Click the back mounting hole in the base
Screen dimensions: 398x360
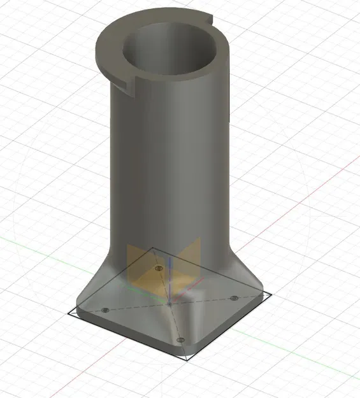(x=159, y=269)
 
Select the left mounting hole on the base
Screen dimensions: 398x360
(x=104, y=309)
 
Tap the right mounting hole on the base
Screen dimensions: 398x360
(x=234, y=297)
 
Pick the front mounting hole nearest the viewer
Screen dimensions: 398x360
(x=181, y=341)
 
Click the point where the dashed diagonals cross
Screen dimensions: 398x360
(x=170, y=304)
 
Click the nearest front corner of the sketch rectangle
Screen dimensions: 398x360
(x=189, y=361)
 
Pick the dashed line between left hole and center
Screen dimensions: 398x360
(x=137, y=307)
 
